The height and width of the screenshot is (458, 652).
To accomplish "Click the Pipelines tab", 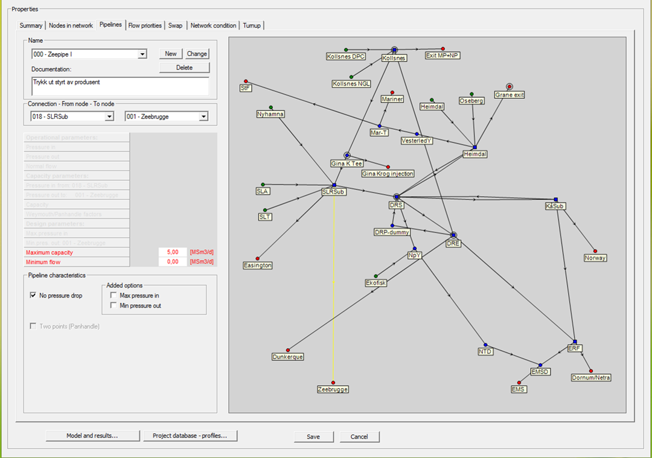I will [110, 25].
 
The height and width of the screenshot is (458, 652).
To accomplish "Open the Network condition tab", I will [213, 25].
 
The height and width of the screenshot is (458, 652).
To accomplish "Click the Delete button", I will [184, 68].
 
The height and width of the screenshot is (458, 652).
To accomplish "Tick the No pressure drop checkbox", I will [33, 296].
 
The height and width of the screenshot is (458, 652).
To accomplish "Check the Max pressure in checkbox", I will [113, 296].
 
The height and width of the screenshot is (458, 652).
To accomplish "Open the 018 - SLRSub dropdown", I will [109, 116].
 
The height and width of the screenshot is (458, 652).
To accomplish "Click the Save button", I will [313, 436].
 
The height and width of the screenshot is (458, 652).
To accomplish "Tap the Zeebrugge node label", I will [333, 390].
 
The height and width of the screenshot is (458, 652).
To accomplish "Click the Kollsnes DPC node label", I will [346, 57].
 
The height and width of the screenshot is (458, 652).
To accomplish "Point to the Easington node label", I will [258, 266].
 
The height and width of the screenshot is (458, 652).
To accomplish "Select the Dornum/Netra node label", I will [591, 378].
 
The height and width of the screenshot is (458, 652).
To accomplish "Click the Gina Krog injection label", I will [388, 174].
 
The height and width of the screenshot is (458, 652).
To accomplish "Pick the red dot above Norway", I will [595, 251].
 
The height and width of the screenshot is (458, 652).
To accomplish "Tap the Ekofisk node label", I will [376, 283].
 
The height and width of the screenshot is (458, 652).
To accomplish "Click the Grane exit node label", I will [510, 95].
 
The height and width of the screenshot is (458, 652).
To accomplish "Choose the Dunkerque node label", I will [287, 357].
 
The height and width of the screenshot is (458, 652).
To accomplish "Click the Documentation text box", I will [120, 86].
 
